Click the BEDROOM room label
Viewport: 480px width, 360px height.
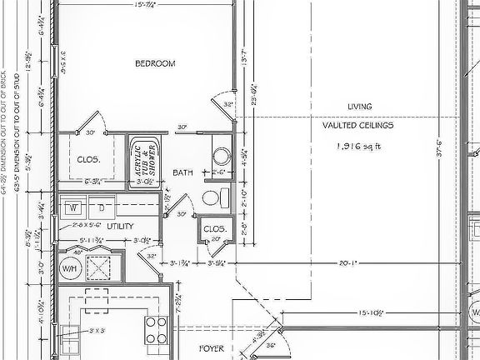pyautogui.click(x=155, y=62)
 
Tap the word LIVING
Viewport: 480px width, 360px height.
pyautogui.click(x=359, y=106)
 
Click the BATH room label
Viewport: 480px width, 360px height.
pyautogui.click(x=182, y=172)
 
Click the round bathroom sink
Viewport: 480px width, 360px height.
pyautogui.click(x=222, y=156)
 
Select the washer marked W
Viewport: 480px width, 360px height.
pyautogui.click(x=72, y=206)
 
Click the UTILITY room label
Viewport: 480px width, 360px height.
pyautogui.click(x=120, y=226)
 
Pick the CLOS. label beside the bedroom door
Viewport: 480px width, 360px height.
pyautogui.click(x=88, y=158)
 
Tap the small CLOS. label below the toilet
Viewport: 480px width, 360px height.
pyautogui.click(x=215, y=227)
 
